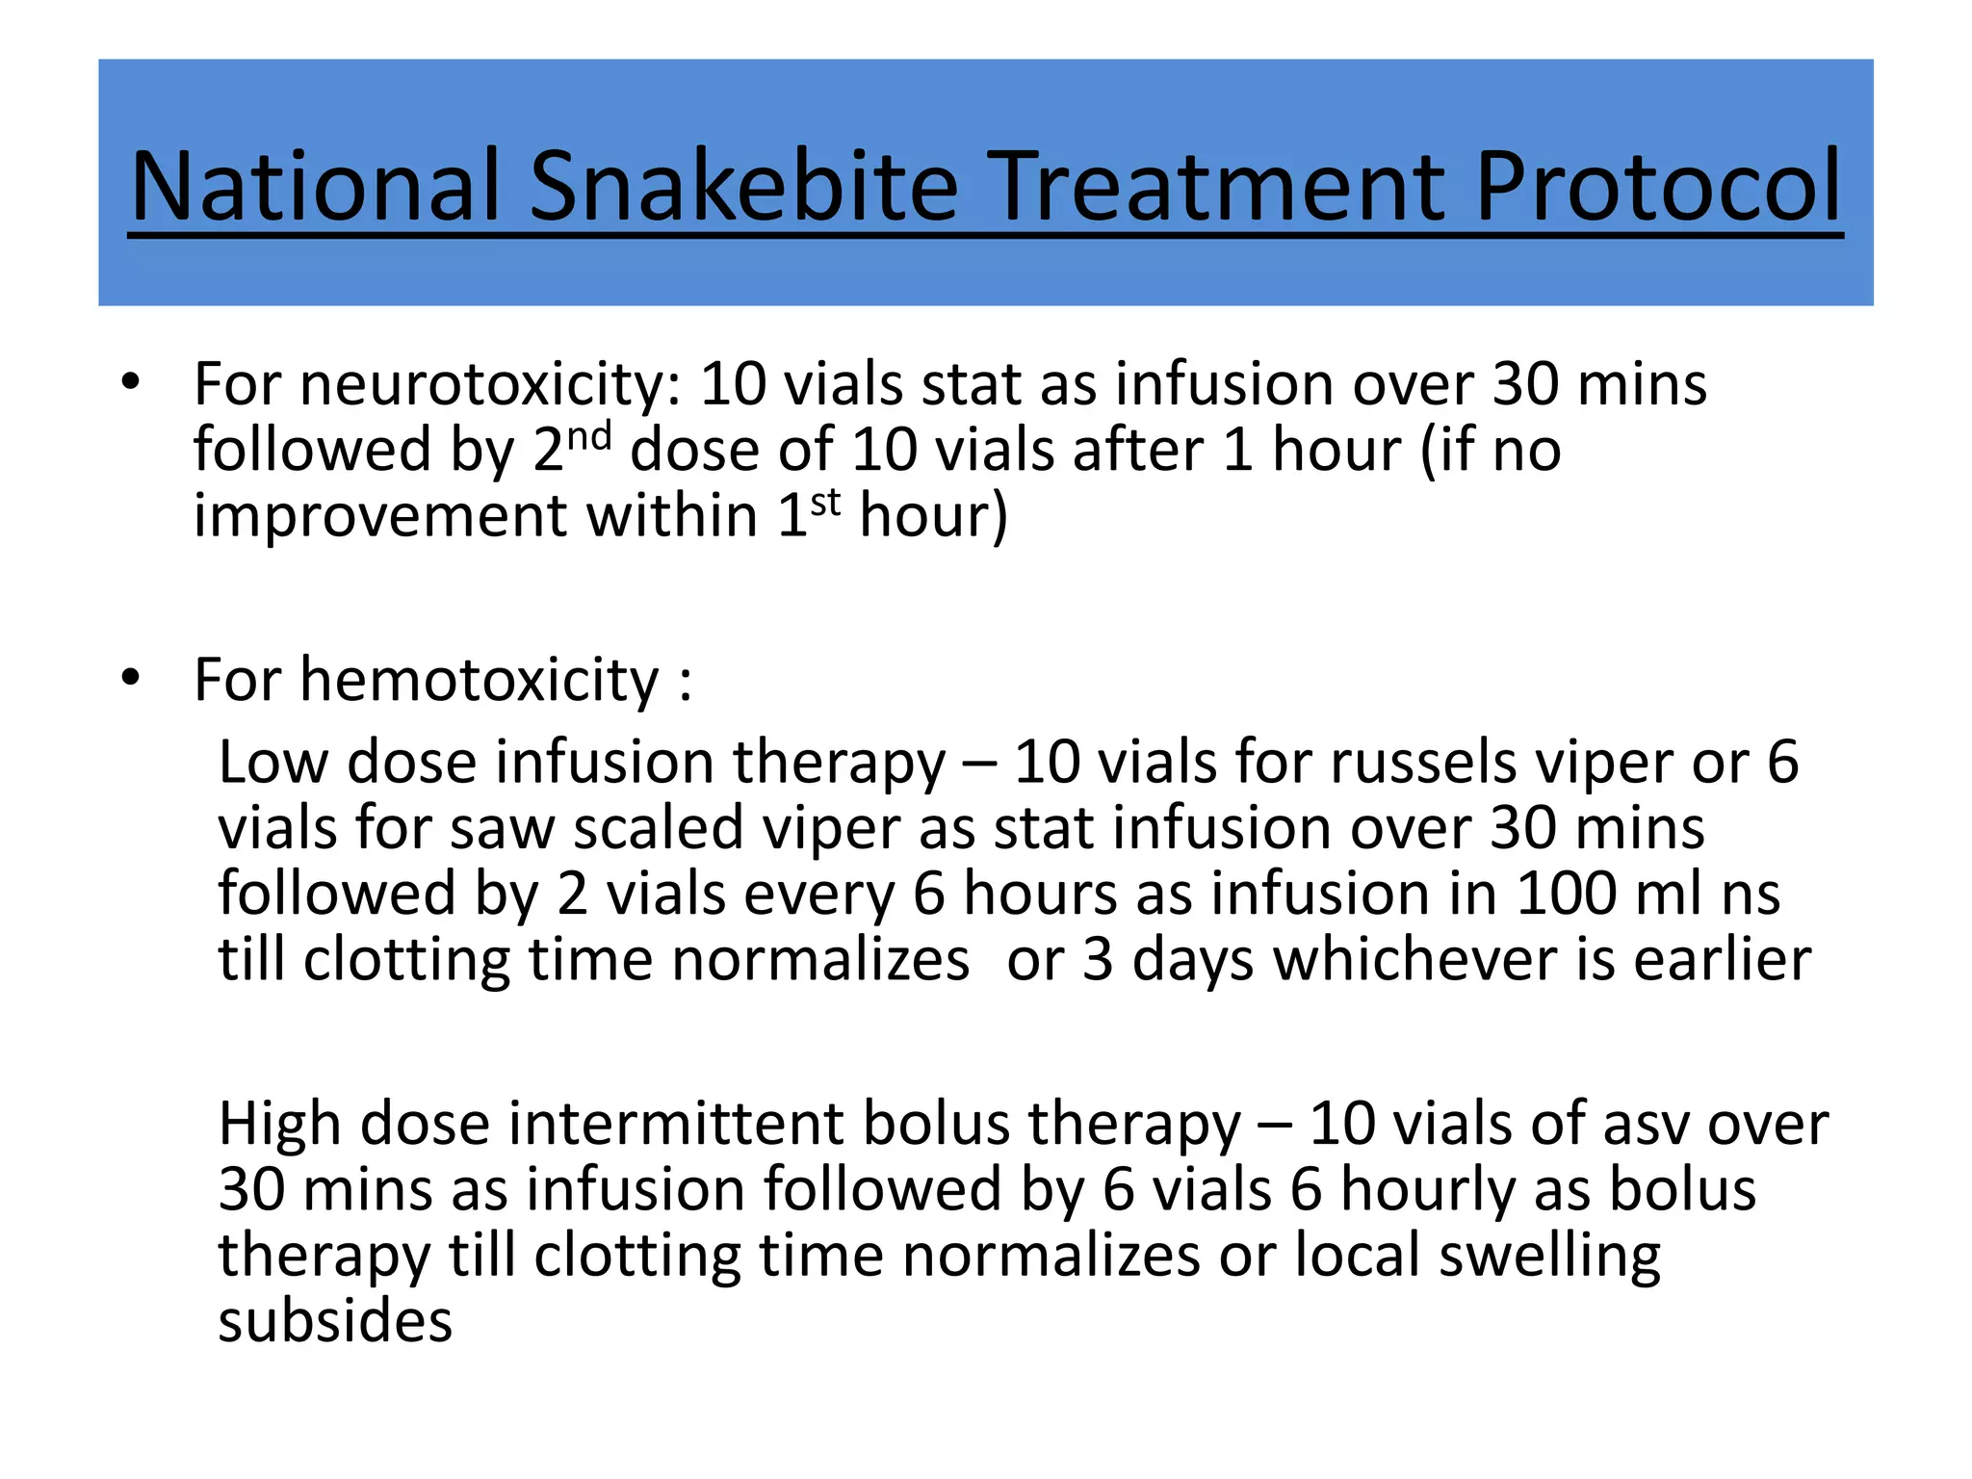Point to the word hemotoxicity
click(x=480, y=680)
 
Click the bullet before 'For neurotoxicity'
click(x=131, y=382)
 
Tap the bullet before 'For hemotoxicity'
click(x=131, y=678)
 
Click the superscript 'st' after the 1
click(x=825, y=502)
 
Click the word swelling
click(x=1549, y=1256)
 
